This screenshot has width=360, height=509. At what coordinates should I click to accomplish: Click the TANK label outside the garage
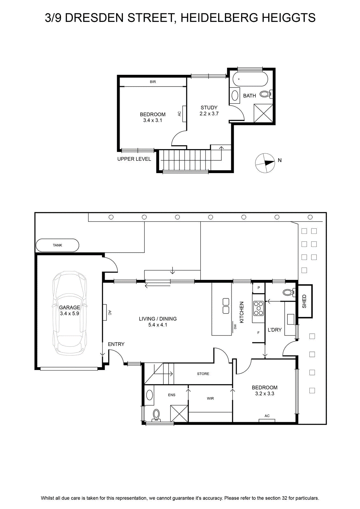pos(58,245)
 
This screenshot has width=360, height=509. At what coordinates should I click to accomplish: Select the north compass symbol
pos(265,163)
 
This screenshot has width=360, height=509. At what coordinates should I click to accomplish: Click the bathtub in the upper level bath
pos(250,79)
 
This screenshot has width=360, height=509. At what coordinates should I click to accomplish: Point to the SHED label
pos(304,301)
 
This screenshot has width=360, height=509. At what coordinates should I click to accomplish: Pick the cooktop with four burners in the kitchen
pos(259,308)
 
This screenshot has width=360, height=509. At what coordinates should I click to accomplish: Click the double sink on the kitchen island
pos(226,306)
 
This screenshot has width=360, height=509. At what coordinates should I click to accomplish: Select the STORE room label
pos(203,374)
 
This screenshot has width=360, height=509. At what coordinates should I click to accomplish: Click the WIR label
pos(210,398)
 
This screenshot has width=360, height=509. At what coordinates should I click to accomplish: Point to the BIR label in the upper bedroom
pos(153,82)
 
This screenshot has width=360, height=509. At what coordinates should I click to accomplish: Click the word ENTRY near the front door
pos(116,344)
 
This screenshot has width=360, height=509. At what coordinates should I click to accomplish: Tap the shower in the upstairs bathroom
pos(263,113)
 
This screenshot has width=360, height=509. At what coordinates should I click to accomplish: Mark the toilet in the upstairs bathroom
pos(266,94)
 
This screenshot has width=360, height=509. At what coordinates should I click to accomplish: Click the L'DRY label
pos(274,330)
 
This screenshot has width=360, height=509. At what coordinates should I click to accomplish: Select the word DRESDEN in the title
pos(94,18)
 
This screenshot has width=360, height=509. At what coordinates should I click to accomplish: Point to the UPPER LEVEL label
pos(134,159)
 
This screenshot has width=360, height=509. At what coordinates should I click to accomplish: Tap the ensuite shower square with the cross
pos(179,414)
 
